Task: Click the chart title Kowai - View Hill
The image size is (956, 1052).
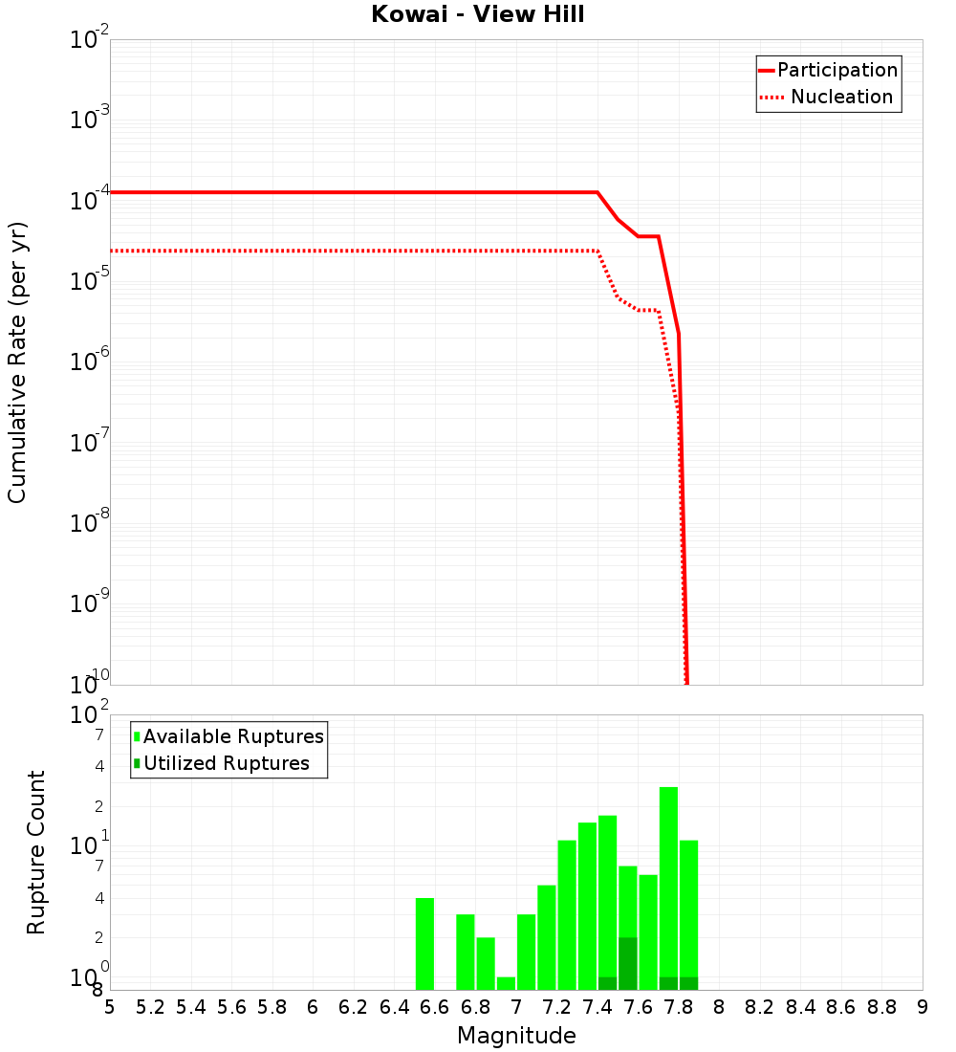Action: tap(478, 14)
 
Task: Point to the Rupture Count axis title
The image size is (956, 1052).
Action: tap(36, 852)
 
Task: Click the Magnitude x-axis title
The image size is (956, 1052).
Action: tap(516, 1036)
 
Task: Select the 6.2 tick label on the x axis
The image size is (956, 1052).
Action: tap(354, 1007)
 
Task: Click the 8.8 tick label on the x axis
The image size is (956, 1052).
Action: tap(882, 1007)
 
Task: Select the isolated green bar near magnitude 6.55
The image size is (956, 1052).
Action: tap(424, 943)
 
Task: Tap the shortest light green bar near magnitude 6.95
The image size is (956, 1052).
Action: tap(506, 983)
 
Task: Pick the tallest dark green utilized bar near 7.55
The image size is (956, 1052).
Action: tap(628, 963)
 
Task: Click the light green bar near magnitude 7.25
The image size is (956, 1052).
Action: tap(567, 914)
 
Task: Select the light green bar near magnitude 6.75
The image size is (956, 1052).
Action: tap(466, 952)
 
